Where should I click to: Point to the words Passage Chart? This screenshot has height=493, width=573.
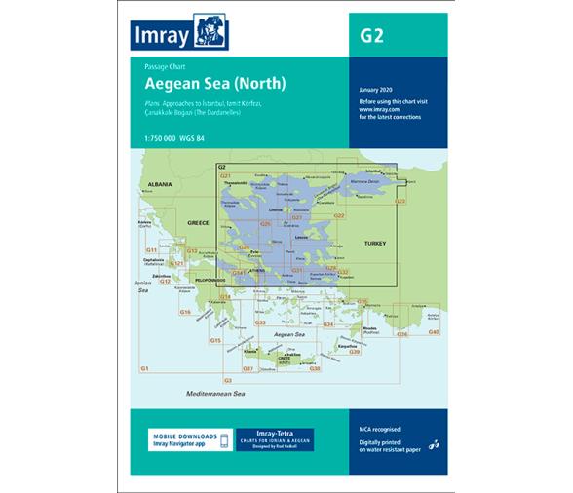click(x=162, y=67)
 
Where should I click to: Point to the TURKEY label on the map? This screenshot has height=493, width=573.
click(x=375, y=241)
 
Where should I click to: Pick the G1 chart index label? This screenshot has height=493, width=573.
click(x=144, y=368)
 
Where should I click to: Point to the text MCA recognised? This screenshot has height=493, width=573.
click(x=380, y=429)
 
